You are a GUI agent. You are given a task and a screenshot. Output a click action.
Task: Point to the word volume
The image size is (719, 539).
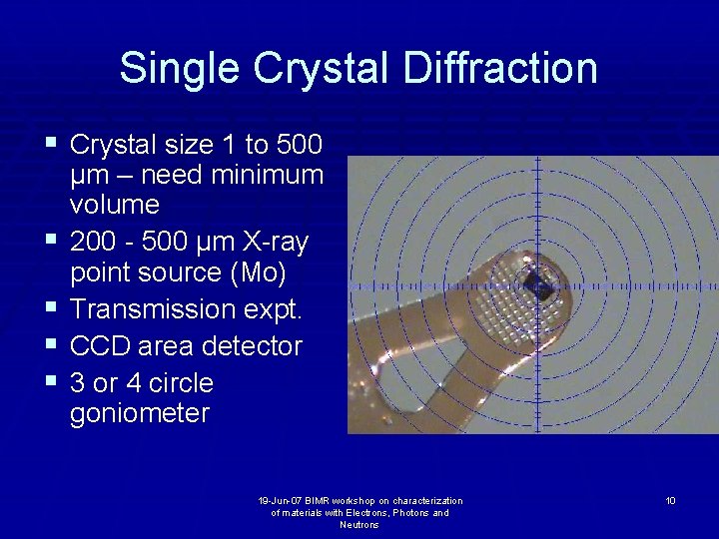pos(114,205)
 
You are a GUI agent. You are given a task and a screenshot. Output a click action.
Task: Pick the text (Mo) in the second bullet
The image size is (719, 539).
pos(252,271)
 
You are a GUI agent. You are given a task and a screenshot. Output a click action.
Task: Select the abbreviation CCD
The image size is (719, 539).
pos(100,346)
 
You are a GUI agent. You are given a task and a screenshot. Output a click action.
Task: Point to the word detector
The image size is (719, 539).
pos(251,346)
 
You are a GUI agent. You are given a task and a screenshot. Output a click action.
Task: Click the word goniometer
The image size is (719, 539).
pos(140,413)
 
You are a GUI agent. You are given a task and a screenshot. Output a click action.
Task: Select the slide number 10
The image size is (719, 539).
pos(671,500)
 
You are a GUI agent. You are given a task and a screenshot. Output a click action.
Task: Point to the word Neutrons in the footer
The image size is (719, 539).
pos(359,525)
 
